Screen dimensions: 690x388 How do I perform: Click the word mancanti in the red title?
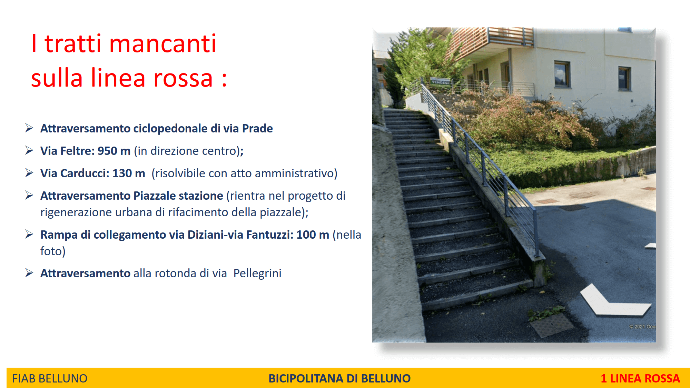162,44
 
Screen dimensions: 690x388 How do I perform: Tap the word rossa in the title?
183,78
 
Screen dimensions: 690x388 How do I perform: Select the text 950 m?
114,151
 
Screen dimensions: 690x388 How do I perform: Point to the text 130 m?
129,173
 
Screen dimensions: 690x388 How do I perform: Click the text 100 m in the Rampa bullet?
313,235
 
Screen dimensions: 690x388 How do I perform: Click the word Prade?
257,128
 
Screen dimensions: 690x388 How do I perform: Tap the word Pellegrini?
257,273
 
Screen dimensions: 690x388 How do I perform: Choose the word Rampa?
59,235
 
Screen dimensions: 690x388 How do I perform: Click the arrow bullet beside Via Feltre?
29,150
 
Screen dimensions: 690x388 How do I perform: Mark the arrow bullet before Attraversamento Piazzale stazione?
29,195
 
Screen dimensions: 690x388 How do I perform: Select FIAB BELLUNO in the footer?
50,378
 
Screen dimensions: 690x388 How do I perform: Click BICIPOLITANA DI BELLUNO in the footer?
339,378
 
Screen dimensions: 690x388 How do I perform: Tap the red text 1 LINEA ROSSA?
640,378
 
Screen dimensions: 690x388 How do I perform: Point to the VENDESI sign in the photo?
441,82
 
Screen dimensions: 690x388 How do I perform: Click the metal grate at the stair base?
551,325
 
